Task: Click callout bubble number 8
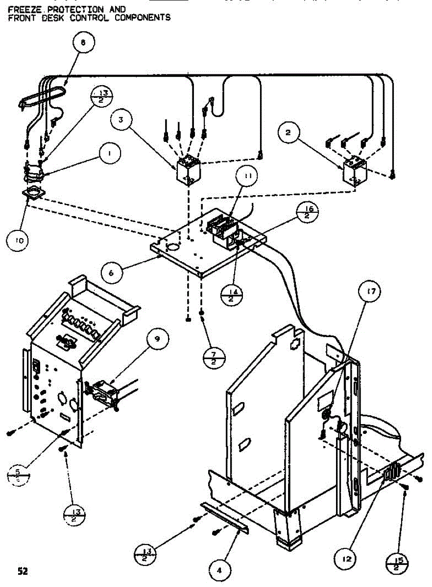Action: (83, 43)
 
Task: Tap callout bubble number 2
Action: (289, 132)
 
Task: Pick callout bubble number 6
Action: (111, 273)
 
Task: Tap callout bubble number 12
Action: (346, 557)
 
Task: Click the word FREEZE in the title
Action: (21, 9)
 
